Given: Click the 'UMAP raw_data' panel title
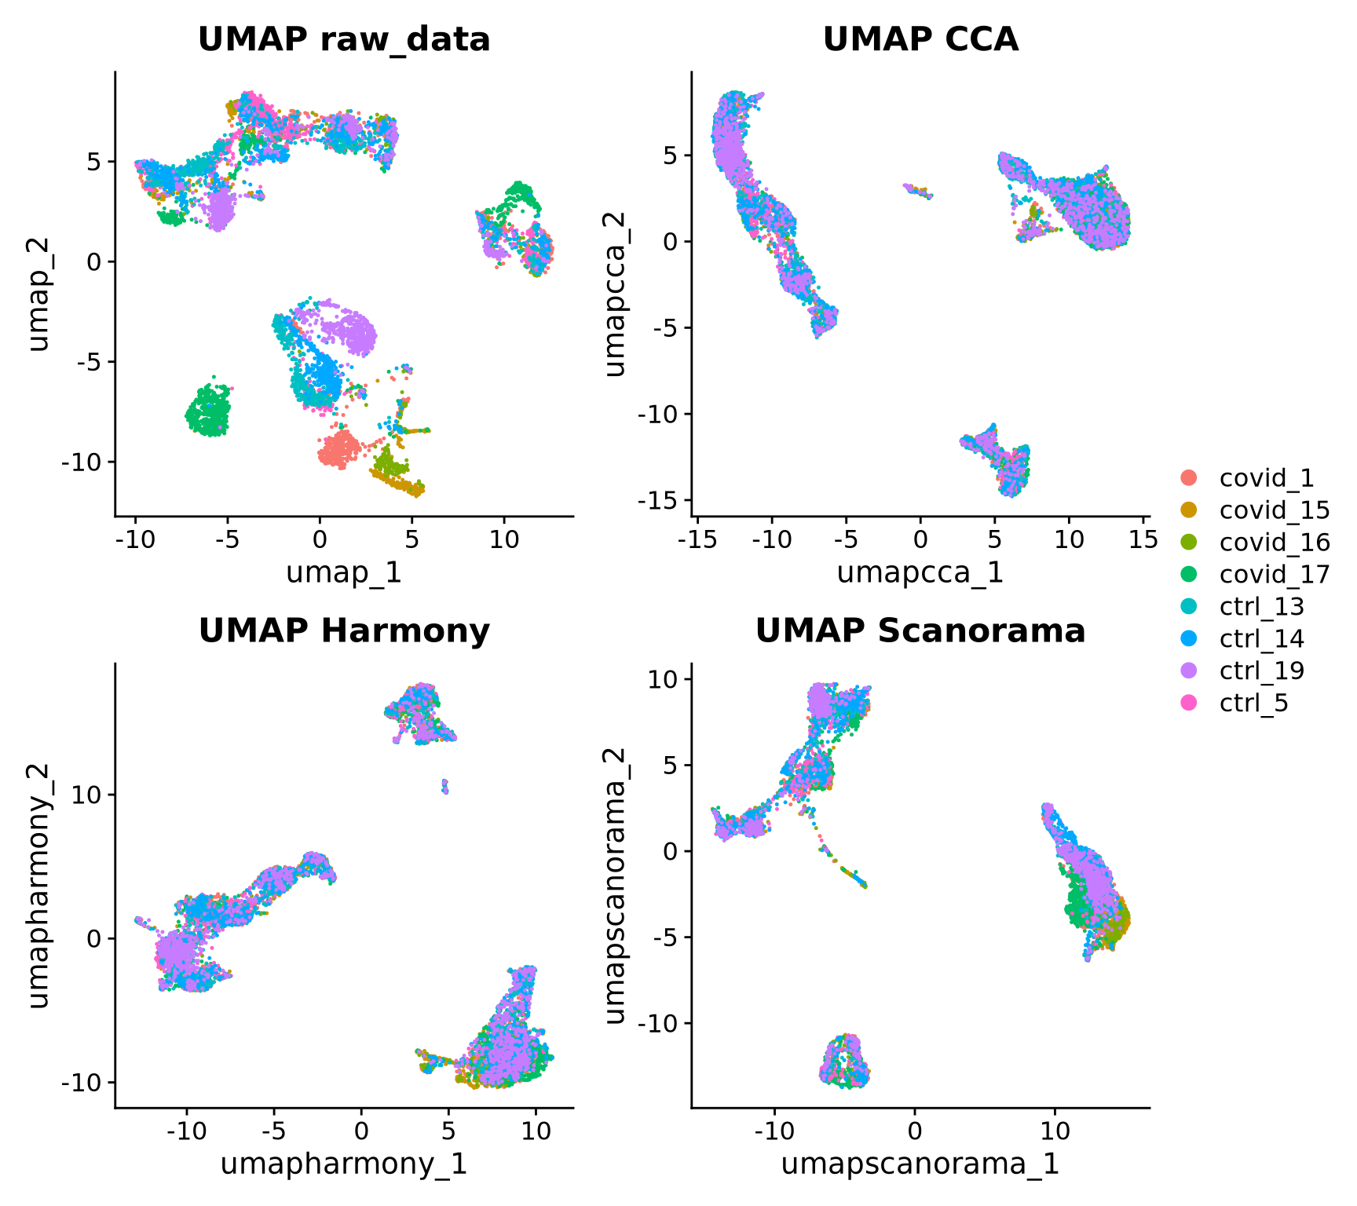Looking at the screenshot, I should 344,39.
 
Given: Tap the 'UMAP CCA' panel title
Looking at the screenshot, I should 920,39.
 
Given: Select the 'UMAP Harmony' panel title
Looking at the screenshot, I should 344,630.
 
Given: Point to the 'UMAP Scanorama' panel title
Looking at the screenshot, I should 920,630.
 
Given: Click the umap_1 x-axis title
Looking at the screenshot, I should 344,572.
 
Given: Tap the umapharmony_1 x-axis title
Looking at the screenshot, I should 344,1164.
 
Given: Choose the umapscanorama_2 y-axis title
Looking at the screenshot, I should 616,886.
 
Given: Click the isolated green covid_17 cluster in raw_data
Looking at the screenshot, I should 209,411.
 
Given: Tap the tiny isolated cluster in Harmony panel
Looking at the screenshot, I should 444,786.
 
